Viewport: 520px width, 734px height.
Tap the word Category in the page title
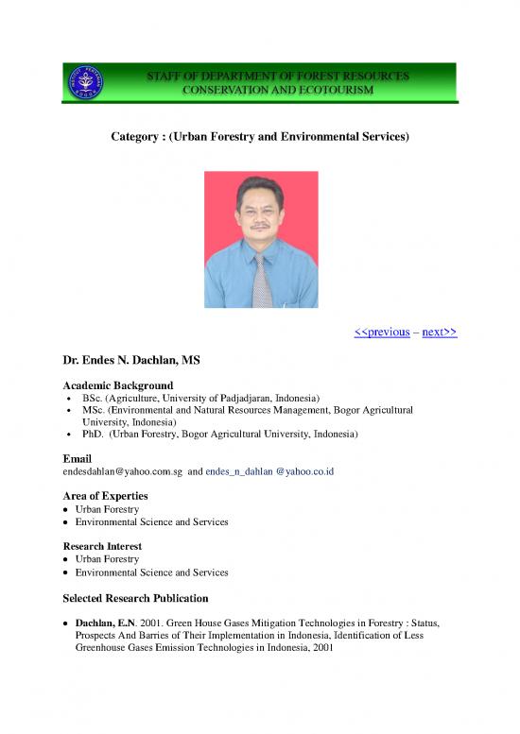pyautogui.click(x=135, y=137)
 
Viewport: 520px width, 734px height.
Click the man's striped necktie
pyautogui.click(x=262, y=278)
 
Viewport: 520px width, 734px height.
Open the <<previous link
pyautogui.click(x=381, y=332)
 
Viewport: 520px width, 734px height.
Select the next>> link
pyautogui.click(x=440, y=332)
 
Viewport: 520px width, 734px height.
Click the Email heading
pyautogui.click(x=77, y=458)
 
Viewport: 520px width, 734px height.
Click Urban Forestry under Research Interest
pyautogui.click(x=111, y=559)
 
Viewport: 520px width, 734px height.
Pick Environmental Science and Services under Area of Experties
pyautogui.click(x=154, y=521)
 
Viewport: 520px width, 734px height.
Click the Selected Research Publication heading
pyautogui.click(x=135, y=598)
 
